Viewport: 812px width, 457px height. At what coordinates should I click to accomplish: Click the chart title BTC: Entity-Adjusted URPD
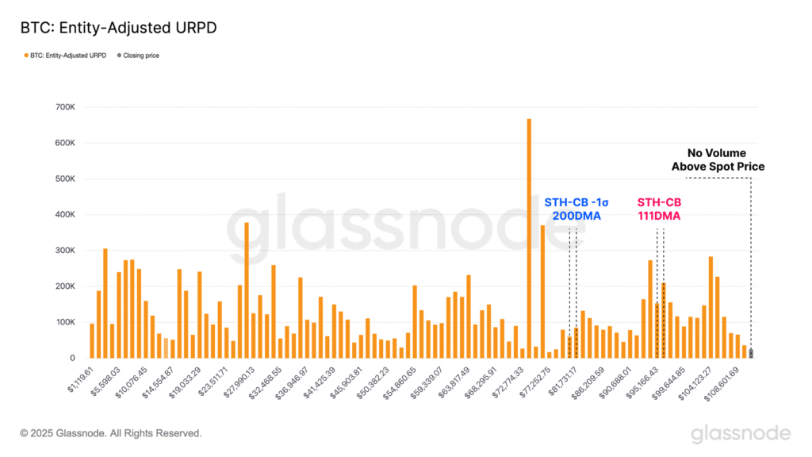pyautogui.click(x=118, y=27)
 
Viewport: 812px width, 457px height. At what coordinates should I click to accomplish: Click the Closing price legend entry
pyautogui.click(x=141, y=56)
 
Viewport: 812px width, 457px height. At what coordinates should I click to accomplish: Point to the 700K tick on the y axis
pyautogui.click(x=66, y=107)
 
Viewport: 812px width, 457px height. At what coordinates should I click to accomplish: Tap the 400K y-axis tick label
pyautogui.click(x=66, y=215)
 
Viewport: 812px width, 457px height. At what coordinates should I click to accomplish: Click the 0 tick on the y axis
pyautogui.click(x=72, y=359)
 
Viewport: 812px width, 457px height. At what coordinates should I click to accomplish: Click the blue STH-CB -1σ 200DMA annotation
pyautogui.click(x=572, y=209)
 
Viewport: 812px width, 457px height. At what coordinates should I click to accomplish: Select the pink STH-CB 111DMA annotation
pyautogui.click(x=659, y=209)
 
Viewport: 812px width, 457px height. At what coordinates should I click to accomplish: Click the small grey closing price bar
pyautogui.click(x=751, y=353)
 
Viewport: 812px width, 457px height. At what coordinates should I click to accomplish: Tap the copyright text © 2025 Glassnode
pyautogui.click(x=111, y=433)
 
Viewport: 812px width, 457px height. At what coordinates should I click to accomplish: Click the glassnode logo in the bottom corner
pyautogui.click(x=740, y=433)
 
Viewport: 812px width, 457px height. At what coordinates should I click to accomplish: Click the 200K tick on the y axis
pyautogui.click(x=66, y=286)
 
